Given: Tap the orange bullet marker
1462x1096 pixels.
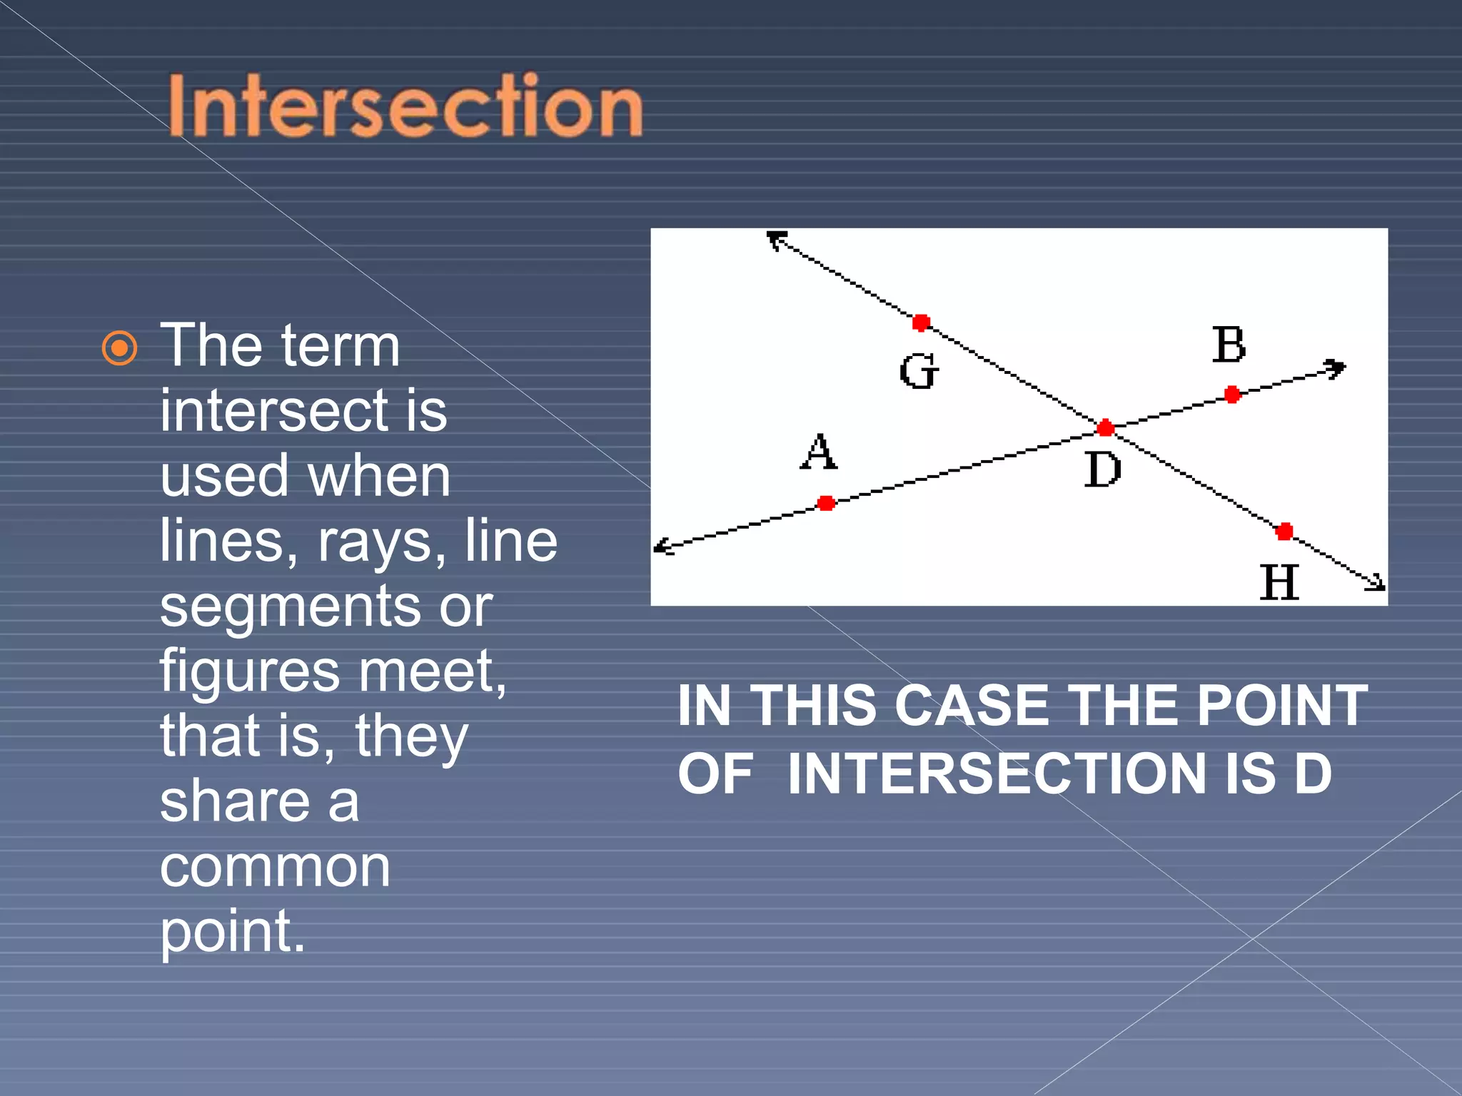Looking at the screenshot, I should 119,349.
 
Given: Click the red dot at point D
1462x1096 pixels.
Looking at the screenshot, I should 1105,428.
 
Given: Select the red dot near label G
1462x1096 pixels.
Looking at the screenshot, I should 921,323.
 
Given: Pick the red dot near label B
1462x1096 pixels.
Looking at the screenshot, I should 1232,395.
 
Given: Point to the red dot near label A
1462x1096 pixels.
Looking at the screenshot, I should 826,503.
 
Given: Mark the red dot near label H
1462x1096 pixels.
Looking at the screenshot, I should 1284,531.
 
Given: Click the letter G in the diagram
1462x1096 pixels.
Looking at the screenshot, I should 919,372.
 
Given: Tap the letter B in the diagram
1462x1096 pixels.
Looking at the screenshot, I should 1229,345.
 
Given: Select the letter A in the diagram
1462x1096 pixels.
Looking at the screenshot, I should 818,452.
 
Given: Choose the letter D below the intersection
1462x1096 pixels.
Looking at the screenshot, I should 1102,470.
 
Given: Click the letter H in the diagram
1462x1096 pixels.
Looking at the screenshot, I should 1279,582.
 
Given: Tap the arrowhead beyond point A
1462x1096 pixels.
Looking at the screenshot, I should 663,547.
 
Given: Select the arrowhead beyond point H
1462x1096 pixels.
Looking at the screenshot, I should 1376,584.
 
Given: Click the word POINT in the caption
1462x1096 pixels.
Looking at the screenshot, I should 1282,706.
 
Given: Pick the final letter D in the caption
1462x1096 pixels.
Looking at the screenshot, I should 1314,773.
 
